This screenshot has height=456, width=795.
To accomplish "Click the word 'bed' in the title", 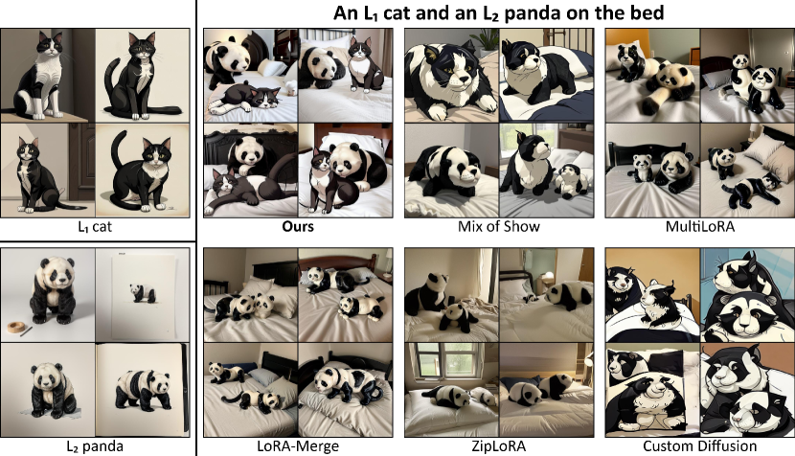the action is tap(647, 12).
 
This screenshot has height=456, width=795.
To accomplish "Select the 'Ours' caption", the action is tap(298, 226).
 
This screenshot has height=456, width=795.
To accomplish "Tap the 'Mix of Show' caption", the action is tap(499, 226).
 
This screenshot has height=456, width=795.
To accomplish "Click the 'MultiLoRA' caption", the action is tap(699, 226).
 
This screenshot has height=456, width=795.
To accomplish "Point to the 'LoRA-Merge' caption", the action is tap(298, 446).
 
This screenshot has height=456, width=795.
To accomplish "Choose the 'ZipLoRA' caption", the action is tap(499, 446).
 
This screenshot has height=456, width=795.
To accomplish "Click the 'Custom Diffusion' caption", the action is tap(699, 446).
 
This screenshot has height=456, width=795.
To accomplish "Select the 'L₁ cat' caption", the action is tap(95, 226).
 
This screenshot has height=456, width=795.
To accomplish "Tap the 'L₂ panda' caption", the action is tap(95, 446).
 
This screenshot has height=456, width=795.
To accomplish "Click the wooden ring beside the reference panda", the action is tap(16, 326).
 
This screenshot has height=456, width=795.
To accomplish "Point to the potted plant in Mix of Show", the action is tap(486, 40).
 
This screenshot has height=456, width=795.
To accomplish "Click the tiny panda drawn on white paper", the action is tap(142, 293).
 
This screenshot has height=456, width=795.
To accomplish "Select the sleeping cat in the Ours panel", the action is tap(244, 98).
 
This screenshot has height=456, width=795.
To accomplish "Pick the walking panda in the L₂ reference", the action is tap(144, 390).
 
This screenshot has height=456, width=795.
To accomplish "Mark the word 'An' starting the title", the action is tap(345, 12).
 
